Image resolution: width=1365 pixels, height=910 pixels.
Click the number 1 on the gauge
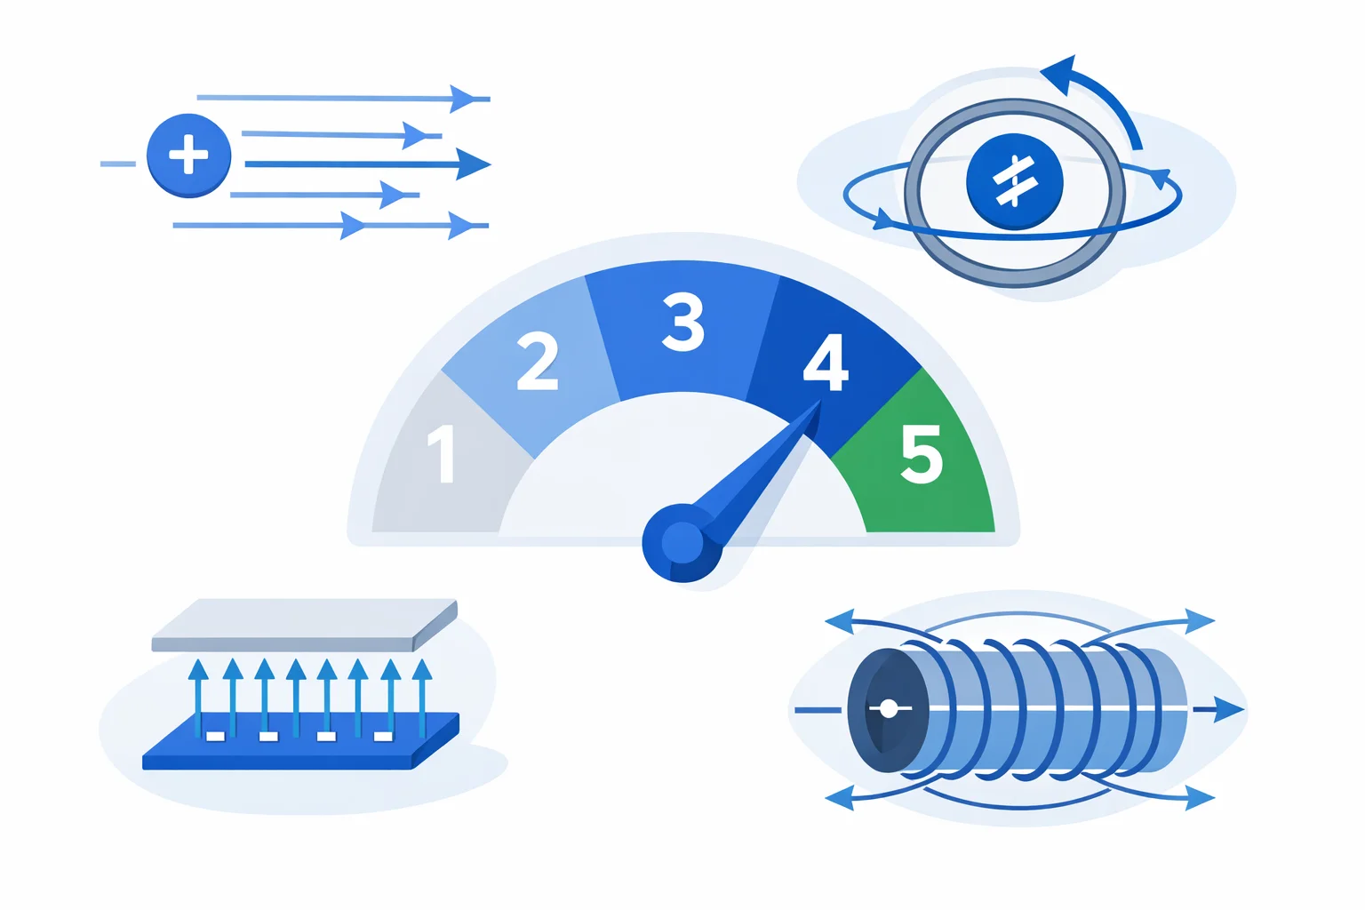click(442, 454)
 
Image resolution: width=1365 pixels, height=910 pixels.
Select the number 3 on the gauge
click(683, 322)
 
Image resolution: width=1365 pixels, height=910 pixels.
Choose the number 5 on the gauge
click(922, 454)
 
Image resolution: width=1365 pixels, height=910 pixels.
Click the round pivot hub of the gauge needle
click(682, 542)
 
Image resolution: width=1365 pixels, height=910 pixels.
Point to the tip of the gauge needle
click(821, 401)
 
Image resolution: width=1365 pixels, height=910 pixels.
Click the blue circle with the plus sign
click(189, 156)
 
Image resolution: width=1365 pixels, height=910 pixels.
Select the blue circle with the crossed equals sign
click(1015, 181)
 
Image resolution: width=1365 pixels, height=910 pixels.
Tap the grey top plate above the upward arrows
click(305, 626)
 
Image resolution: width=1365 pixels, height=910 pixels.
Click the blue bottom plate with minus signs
click(300, 740)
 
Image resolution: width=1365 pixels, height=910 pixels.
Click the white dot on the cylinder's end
click(889, 709)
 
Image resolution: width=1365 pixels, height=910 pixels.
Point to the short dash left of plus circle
click(117, 164)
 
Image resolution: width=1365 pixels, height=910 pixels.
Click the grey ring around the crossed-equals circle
click(1015, 193)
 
